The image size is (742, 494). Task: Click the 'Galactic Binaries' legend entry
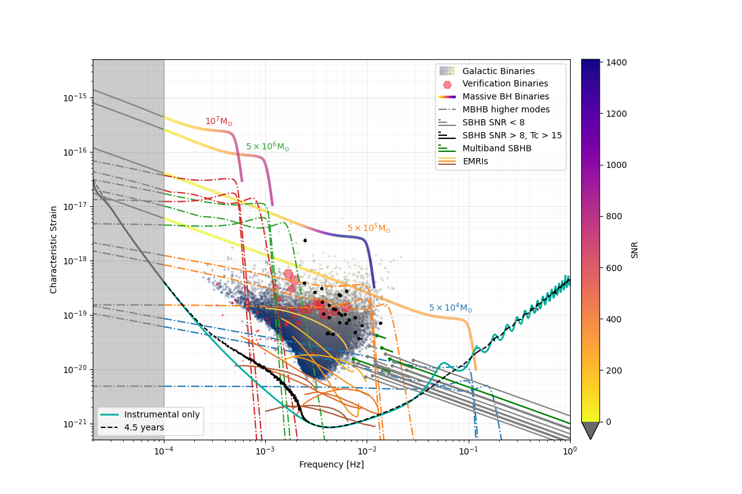pos(498,71)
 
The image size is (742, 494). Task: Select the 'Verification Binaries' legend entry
pos(505,84)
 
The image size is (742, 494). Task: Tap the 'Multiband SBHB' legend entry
pos(497,149)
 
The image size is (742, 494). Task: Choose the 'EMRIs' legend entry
pos(475,162)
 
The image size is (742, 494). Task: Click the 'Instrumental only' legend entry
pos(161,415)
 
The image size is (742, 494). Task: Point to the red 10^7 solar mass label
pos(219,122)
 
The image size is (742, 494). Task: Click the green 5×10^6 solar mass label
pos(267,147)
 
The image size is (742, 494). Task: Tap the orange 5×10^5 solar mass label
pos(369,228)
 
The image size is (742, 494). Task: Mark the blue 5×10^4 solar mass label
pos(450,308)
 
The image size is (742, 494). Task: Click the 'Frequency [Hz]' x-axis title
pos(331,465)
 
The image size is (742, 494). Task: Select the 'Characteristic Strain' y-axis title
pos(54,249)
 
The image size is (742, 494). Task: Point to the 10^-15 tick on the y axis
pos(78,98)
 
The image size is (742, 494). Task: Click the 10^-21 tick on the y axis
pos(78,424)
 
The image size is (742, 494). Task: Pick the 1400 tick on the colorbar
pos(616,62)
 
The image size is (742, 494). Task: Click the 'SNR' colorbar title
pos(634,249)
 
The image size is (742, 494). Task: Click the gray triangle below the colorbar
pos(591,430)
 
